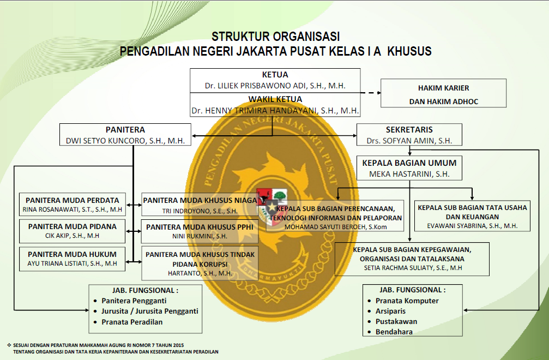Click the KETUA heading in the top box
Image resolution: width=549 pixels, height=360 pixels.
275,75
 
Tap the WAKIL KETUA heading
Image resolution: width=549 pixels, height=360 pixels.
275,99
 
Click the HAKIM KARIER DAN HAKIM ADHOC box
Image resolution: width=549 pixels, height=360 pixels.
443,93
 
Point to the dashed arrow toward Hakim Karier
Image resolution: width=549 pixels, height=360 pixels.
370,93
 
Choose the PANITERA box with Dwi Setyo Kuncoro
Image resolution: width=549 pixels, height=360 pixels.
125,135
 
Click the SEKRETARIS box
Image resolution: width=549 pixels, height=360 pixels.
409,135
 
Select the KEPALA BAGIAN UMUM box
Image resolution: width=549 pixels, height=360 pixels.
409,168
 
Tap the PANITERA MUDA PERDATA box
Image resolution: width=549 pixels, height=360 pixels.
73,204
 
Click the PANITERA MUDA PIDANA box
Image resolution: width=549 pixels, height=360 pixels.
72,231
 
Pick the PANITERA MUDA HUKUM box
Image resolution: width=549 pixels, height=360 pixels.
72,259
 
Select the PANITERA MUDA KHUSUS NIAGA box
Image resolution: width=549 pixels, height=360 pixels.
200,205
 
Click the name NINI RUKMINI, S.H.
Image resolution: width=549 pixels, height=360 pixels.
200,236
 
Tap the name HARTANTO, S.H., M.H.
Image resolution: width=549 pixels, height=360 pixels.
200,273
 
